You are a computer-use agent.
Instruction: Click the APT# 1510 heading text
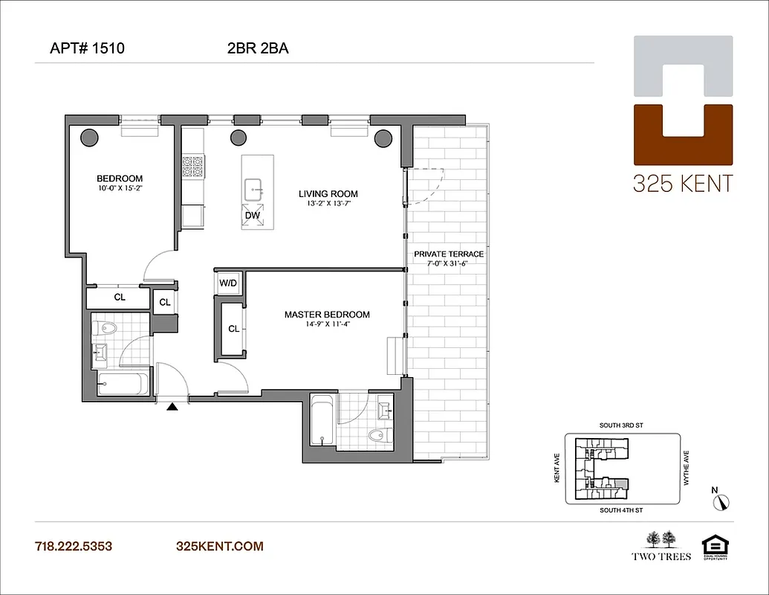point(87,49)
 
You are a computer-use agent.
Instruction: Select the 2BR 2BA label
point(258,49)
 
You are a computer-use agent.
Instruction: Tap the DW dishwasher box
point(252,216)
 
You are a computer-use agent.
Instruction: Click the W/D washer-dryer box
point(227,283)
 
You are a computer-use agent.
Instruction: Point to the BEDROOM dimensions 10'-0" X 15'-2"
point(120,188)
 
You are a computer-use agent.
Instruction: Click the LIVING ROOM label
point(319,193)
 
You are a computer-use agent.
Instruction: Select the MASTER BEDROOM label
point(327,315)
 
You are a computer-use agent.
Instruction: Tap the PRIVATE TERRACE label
point(449,254)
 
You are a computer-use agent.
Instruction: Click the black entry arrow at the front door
point(172,406)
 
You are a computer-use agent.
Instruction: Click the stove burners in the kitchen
point(193,166)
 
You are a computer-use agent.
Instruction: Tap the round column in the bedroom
point(89,137)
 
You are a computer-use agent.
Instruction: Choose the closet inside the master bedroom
point(233,329)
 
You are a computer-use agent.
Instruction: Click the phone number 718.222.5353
point(74,547)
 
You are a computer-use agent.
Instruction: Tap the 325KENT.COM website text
point(219,547)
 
